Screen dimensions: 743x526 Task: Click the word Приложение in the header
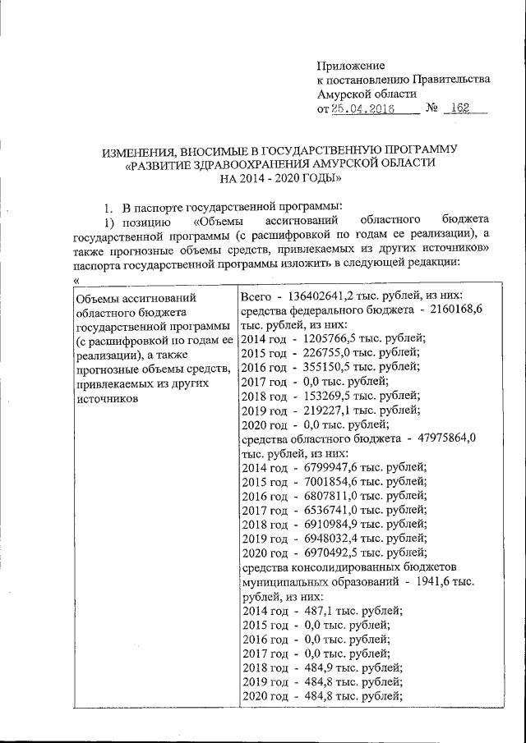point(351,65)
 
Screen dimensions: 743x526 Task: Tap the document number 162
point(471,109)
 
